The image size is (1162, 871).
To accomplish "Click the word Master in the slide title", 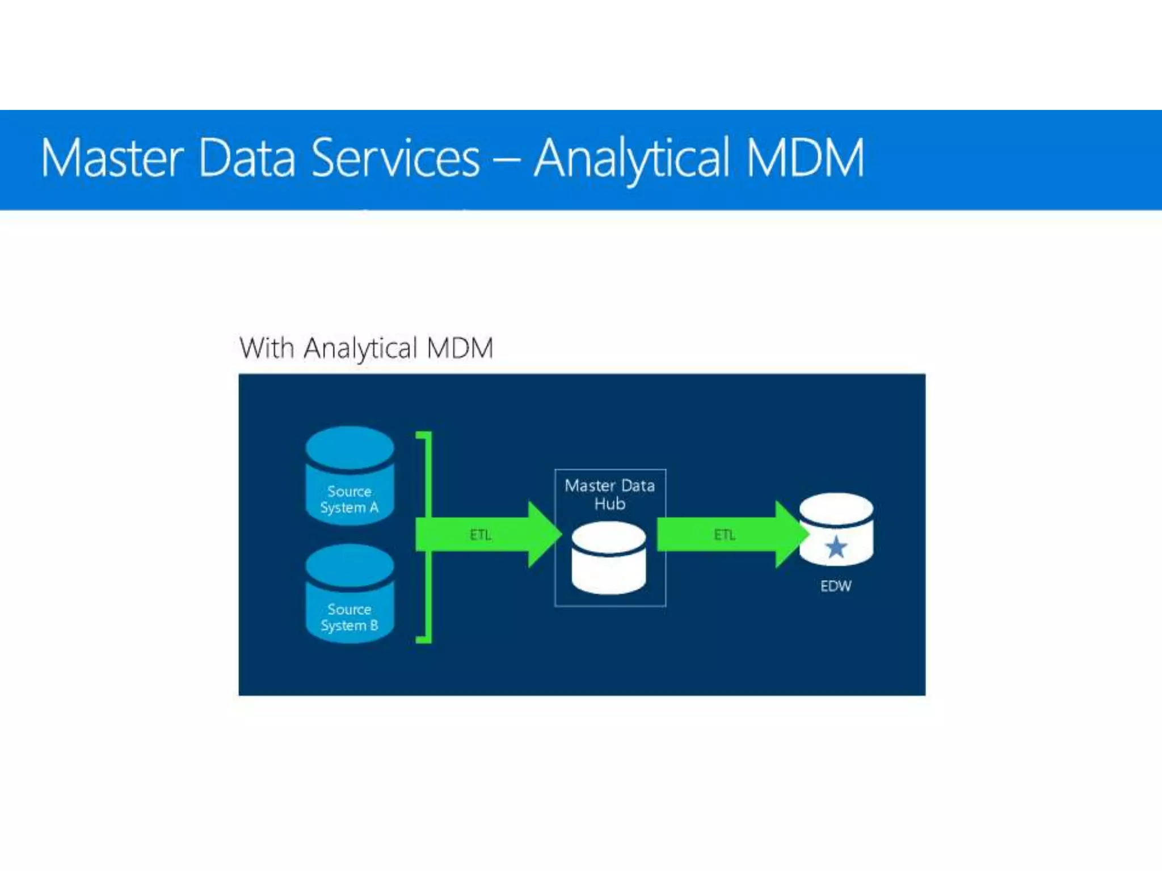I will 112,158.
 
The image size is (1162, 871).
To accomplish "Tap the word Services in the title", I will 395,158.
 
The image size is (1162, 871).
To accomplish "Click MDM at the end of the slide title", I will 805,158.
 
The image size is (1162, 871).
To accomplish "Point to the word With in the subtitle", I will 266,348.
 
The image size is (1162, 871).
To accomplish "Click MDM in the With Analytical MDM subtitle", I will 460,348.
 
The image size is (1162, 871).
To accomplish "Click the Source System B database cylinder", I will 350,593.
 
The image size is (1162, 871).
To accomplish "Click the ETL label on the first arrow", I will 480,535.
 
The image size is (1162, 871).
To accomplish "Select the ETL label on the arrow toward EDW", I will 724,535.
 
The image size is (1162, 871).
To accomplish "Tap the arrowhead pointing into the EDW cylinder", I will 790,534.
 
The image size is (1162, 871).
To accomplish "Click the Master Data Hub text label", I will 609,494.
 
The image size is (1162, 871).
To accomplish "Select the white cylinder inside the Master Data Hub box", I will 608,558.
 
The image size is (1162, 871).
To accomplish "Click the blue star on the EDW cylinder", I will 836,547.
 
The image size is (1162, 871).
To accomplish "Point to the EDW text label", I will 835,586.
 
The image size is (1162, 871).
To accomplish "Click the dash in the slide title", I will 506,160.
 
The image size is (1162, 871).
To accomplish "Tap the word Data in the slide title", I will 247,158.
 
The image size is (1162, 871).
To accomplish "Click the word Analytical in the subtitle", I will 360,349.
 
